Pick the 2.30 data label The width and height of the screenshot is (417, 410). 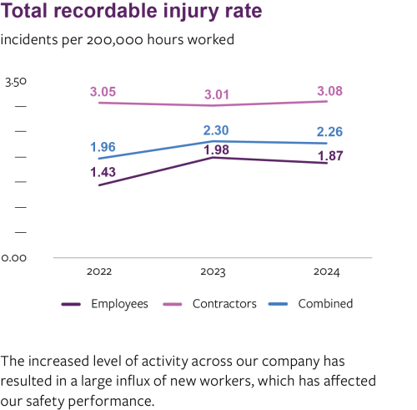(x=216, y=129)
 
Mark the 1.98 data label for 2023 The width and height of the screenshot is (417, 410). (x=216, y=149)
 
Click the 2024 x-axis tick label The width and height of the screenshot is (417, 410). (x=330, y=272)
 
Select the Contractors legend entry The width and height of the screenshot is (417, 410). (x=224, y=304)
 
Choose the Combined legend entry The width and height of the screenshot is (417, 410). (x=324, y=304)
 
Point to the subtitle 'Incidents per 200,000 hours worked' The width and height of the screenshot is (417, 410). (x=118, y=39)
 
